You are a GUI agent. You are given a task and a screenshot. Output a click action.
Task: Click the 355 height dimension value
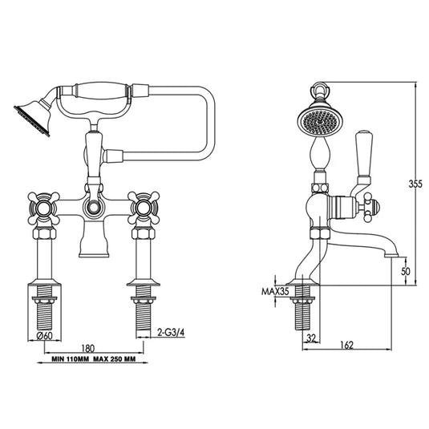click(415, 184)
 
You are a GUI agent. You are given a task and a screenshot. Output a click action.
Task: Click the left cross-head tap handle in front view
click(45, 207)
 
